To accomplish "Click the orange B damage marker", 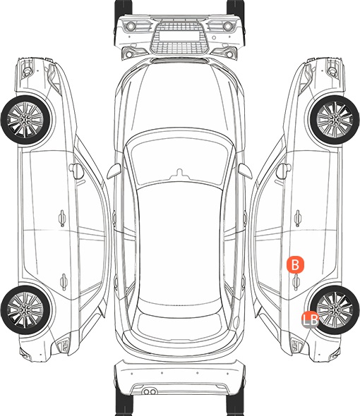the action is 295,264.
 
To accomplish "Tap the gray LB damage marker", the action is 310,319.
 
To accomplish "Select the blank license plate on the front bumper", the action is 179,36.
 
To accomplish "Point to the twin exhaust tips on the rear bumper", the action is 150,391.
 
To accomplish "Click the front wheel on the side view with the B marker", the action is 335,120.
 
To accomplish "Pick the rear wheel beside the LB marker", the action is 335,310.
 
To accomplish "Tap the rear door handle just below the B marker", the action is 296,281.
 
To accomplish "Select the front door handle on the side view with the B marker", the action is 297,218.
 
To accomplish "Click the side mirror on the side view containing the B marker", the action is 282,171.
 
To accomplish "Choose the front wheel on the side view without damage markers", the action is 25,120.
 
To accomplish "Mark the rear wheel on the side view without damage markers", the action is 25,310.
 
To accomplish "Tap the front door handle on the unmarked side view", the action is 62,218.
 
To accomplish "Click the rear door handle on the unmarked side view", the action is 64,281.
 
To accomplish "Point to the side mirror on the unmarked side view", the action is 77,171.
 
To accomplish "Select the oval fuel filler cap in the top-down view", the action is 236,322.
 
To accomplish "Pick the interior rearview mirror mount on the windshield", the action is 179,173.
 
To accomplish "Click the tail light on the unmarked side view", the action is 64,345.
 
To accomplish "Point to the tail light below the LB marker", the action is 296,345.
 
